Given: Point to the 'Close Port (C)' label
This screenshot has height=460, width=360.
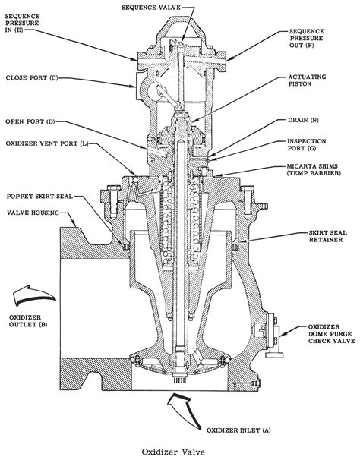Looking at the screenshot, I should tap(32, 77).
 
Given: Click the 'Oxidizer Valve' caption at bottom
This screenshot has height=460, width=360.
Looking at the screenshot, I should tap(180, 448).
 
